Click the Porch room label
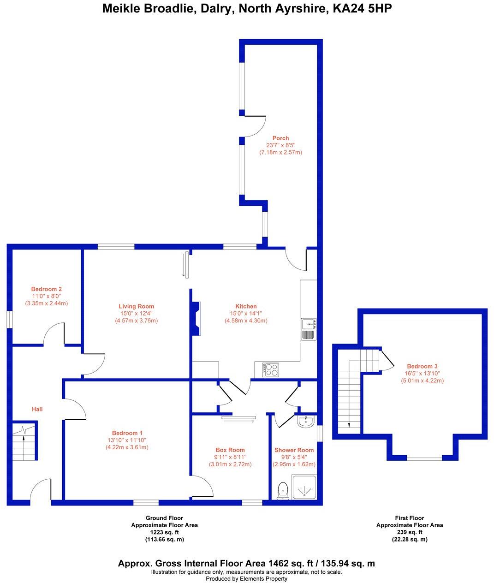click(x=280, y=138)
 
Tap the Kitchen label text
click(x=246, y=306)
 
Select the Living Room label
click(x=136, y=306)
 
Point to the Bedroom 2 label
click(x=47, y=289)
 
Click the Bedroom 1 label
click(x=127, y=433)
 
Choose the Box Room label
click(x=230, y=450)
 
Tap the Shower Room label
click(x=294, y=450)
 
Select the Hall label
click(x=37, y=409)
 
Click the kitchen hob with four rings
click(x=271, y=369)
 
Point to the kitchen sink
click(x=308, y=329)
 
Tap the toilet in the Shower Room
click(x=283, y=490)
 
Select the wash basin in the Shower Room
click(x=305, y=421)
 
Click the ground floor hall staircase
click(x=24, y=440)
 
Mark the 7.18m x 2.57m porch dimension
click(x=280, y=152)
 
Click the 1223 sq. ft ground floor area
click(x=164, y=532)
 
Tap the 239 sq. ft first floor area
click(x=409, y=532)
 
